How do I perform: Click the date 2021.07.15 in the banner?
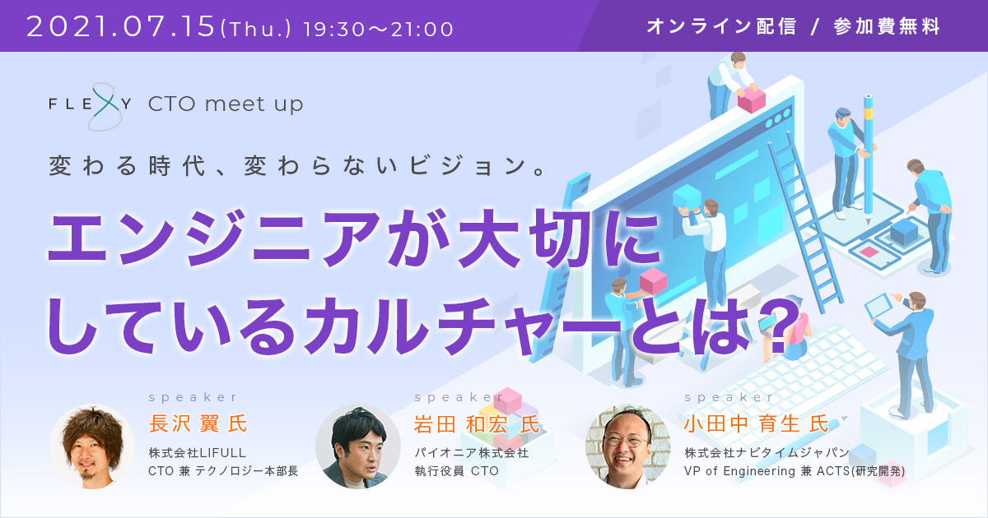coord(120,26)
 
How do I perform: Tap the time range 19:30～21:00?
coord(379,29)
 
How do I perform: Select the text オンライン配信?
coord(721,26)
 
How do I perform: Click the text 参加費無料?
coord(887,26)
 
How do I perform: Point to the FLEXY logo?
coord(90,106)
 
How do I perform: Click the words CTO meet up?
coord(226,104)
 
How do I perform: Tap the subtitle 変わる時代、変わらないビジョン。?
coord(298,166)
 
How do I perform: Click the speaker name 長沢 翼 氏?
coord(198,423)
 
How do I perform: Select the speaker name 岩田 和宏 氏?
coord(477,424)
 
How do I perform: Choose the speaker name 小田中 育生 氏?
coord(756,423)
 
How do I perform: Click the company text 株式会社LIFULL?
coord(197,453)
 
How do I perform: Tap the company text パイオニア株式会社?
coord(471,453)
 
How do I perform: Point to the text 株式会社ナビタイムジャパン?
coord(767,453)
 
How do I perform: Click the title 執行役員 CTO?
coord(456,471)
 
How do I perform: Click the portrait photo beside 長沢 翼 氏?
coord(92,446)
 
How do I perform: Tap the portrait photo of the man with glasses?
coord(628,446)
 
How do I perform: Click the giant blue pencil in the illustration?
coord(868,160)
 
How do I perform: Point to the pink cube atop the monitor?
coord(752,99)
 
